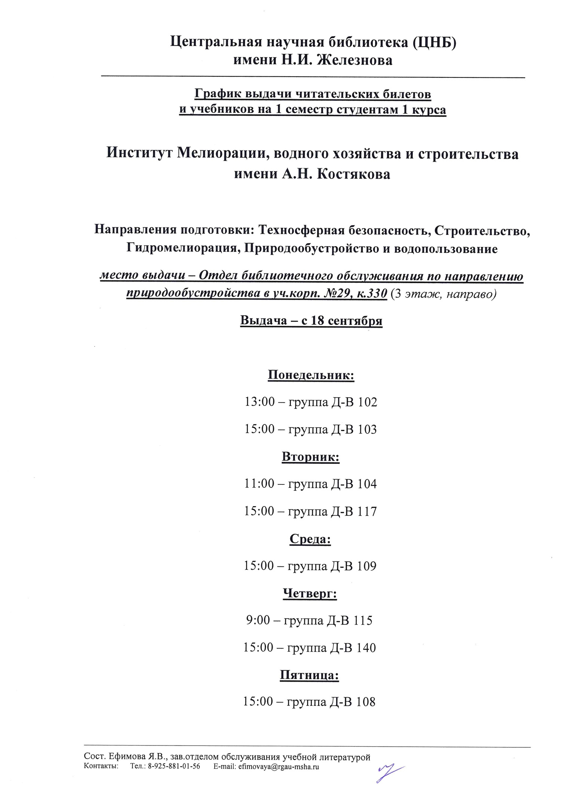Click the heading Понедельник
(x=311, y=375)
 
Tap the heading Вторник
(x=310, y=457)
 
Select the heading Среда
(x=310, y=539)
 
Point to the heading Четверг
(x=310, y=593)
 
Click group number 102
(x=368, y=402)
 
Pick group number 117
(x=367, y=511)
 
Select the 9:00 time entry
(x=258, y=620)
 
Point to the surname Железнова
(x=354, y=60)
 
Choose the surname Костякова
(x=353, y=174)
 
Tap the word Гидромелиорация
(x=182, y=248)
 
